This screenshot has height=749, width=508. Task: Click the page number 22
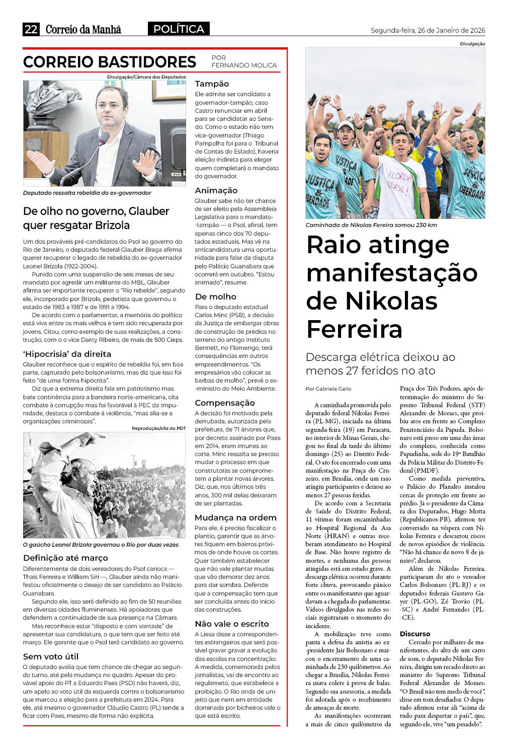[31, 29]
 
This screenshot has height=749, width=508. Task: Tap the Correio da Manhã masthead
[83, 29]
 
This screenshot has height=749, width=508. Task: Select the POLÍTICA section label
[179, 29]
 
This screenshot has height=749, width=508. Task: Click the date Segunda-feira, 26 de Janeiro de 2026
[428, 30]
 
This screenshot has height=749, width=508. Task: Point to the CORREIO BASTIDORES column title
[110, 62]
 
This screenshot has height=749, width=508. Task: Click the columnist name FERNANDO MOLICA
[244, 65]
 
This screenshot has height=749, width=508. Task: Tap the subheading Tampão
[212, 84]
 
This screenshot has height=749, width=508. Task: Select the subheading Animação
[216, 190]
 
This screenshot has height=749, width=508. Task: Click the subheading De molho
[215, 296]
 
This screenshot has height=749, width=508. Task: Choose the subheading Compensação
[224, 403]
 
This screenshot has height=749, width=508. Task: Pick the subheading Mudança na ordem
[235, 517]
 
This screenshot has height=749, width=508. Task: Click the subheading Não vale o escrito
[232, 624]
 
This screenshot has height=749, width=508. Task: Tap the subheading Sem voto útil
[51, 656]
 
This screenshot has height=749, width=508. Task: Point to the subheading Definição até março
[65, 558]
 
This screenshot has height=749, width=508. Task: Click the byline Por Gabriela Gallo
[328, 389]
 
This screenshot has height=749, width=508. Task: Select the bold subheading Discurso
[415, 634]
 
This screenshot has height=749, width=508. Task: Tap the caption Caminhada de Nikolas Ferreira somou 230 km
[371, 225]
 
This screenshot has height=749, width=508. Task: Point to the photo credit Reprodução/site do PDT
[158, 428]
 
